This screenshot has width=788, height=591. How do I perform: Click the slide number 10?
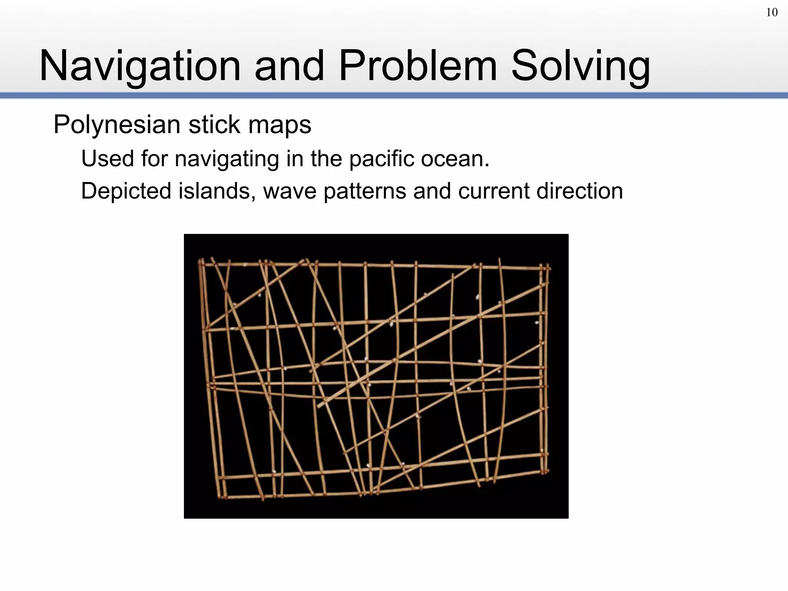pyautogui.click(x=771, y=13)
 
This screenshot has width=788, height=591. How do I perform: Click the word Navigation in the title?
pyautogui.click(x=140, y=66)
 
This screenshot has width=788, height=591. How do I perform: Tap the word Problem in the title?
pyautogui.click(x=418, y=66)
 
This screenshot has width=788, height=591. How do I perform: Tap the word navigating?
pyautogui.click(x=227, y=159)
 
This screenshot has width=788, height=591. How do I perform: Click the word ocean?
pyautogui.click(x=454, y=159)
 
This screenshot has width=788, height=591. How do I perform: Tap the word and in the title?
pyautogui.click(x=289, y=66)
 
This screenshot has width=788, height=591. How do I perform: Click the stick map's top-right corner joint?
pyautogui.click(x=546, y=267)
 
